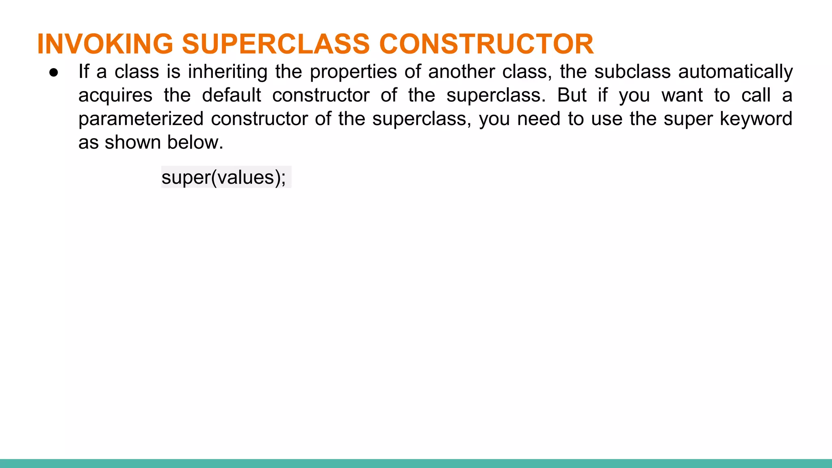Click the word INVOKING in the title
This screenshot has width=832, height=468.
click(105, 44)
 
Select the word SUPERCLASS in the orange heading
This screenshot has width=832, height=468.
click(276, 44)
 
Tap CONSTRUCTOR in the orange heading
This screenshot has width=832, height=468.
click(486, 44)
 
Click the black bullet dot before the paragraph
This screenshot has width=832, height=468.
click(54, 73)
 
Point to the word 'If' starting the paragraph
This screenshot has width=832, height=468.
click(83, 71)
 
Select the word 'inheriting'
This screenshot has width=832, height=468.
click(227, 72)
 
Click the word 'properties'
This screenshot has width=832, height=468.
click(353, 72)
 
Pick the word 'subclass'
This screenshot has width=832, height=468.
click(632, 71)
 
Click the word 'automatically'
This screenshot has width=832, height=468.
click(735, 72)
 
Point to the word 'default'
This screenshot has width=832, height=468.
click(232, 95)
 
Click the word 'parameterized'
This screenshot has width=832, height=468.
click(141, 119)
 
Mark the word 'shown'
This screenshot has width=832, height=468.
click(132, 142)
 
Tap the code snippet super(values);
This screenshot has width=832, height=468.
click(223, 178)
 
